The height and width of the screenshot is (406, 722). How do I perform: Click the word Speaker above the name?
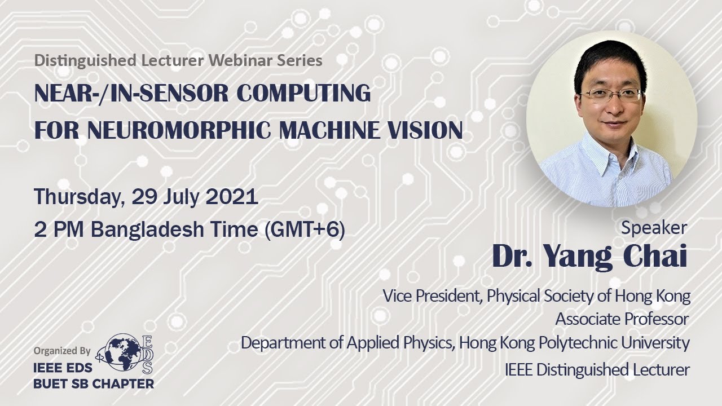[x=654, y=228]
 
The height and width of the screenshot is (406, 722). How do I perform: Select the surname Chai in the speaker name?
[x=655, y=257]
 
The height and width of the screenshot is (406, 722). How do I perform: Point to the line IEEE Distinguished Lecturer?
[x=597, y=370]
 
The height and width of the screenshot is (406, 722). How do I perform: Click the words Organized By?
[x=62, y=350]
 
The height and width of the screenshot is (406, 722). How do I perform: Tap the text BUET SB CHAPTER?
[x=94, y=384]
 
